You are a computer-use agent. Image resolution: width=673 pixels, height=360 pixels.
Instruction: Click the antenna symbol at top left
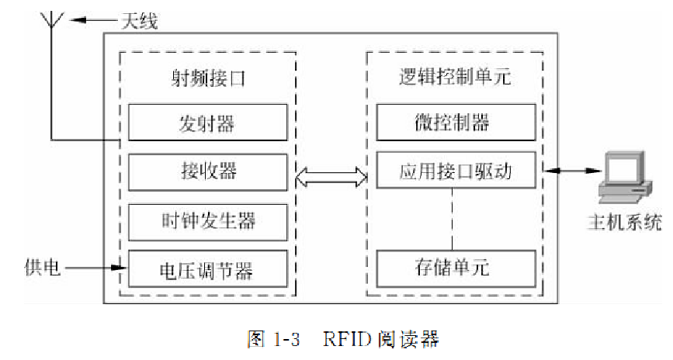pos(51,23)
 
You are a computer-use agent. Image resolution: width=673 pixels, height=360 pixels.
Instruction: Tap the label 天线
pos(138,21)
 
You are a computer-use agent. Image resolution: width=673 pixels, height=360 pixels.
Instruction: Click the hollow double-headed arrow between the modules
pos(331,177)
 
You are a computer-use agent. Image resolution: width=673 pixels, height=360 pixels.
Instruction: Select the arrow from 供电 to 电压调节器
pos(96,268)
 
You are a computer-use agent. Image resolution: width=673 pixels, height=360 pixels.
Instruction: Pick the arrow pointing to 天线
pos(90,20)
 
